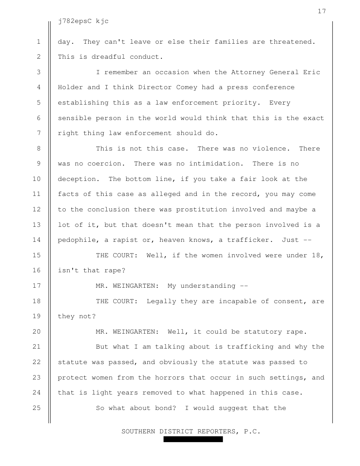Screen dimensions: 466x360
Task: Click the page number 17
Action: pyautogui.click(x=322, y=11)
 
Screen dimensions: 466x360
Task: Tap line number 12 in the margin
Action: pyautogui.click(x=38, y=209)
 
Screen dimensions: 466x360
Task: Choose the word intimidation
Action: pyautogui.click(x=214, y=164)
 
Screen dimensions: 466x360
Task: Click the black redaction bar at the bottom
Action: pyautogui.click(x=193, y=440)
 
